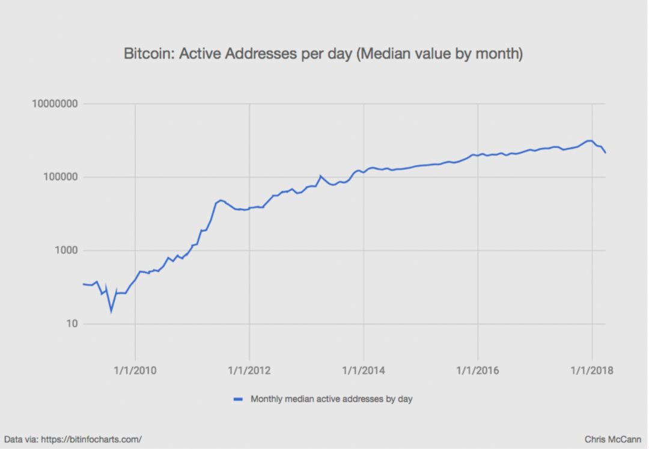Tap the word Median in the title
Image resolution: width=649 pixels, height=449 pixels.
(x=388, y=54)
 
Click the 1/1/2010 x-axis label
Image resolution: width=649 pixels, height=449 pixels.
(x=135, y=370)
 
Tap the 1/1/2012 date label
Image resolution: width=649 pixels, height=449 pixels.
(x=249, y=370)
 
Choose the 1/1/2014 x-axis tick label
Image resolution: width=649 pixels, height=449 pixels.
(x=364, y=370)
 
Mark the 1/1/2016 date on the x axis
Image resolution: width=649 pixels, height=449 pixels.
(x=478, y=370)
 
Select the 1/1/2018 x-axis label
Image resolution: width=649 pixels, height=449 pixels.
(x=592, y=370)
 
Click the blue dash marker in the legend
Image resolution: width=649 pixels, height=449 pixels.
(x=238, y=399)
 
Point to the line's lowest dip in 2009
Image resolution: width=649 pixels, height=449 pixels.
(x=111, y=311)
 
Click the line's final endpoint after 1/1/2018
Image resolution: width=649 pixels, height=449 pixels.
(x=605, y=153)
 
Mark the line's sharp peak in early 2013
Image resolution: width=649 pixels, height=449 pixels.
(x=320, y=176)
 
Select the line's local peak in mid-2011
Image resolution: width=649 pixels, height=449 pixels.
(x=221, y=200)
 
